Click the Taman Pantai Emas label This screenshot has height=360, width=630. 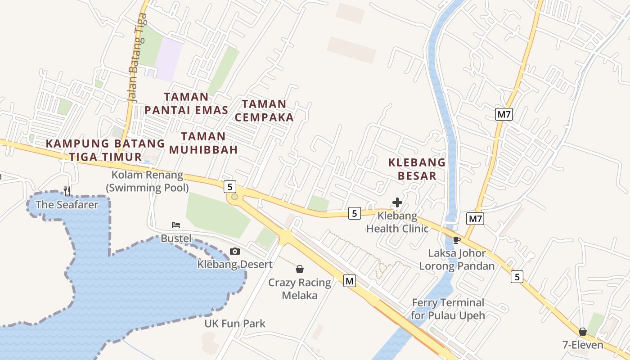pyautogui.click(x=186, y=103)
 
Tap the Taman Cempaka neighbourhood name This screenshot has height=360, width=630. pyautogui.click(x=264, y=111)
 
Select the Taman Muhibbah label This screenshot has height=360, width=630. pyautogui.click(x=203, y=143)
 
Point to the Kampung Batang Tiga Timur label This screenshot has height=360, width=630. pyautogui.click(x=106, y=150)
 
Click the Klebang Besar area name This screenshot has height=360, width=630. pyautogui.click(x=417, y=169)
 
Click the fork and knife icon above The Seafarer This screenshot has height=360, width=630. pyautogui.click(x=67, y=191)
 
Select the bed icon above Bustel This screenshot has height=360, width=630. pyautogui.click(x=176, y=225)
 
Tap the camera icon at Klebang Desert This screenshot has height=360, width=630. pyautogui.click(x=235, y=252)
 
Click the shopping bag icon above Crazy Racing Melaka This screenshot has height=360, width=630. pyautogui.click(x=300, y=270)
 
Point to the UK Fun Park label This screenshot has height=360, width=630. pyautogui.click(x=235, y=324)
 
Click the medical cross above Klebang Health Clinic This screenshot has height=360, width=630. pyautogui.click(x=397, y=202)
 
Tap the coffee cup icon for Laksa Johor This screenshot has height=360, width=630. pyautogui.click(x=457, y=240)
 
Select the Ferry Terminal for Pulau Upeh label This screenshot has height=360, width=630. pyautogui.click(x=448, y=309)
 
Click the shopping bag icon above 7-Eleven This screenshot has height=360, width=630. pyautogui.click(x=583, y=332)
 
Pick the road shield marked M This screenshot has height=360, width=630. pyautogui.click(x=349, y=281)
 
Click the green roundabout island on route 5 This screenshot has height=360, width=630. pyautogui.click(x=234, y=197)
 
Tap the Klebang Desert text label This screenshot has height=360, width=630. pyautogui.click(x=235, y=264)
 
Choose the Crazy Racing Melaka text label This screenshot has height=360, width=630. pyautogui.click(x=300, y=289)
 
